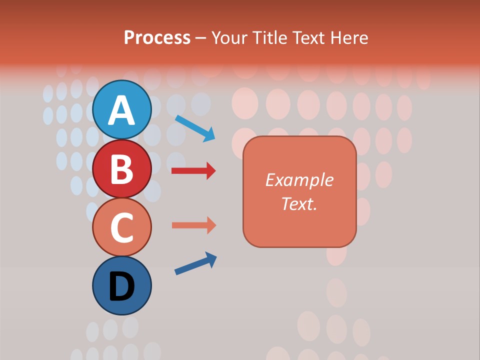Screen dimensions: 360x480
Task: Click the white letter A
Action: (121, 110)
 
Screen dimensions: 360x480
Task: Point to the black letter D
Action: (121, 287)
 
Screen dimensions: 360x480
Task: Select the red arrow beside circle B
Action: (193, 171)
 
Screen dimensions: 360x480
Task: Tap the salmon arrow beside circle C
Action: (193, 225)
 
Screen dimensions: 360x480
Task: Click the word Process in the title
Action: (157, 37)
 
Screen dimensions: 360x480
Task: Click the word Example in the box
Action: (299, 180)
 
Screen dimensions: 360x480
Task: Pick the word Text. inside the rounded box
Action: (299, 204)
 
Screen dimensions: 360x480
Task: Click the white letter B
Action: (121, 169)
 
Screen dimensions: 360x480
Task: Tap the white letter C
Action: (121, 228)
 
